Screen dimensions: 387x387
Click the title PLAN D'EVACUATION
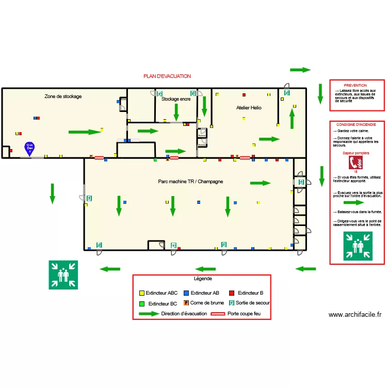click(x=167, y=76)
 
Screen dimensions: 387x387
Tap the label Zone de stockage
click(x=63, y=96)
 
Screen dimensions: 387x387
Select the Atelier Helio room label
click(x=249, y=108)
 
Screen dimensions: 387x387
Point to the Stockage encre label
click(x=176, y=99)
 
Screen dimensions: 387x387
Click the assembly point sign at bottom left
click(x=63, y=275)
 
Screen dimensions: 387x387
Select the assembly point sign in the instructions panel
click(x=358, y=246)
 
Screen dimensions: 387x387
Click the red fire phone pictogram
click(x=356, y=163)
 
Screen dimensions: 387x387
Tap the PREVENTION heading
click(x=355, y=86)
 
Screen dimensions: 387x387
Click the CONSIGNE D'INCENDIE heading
click(x=356, y=125)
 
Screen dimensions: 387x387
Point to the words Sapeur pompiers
click(x=356, y=153)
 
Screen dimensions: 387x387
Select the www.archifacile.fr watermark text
click(x=355, y=315)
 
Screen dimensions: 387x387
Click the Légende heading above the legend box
click(x=203, y=279)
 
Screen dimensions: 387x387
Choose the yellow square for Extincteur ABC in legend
click(x=142, y=293)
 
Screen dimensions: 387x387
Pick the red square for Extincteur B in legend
click(x=232, y=293)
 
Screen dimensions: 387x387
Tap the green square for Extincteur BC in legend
click(x=142, y=303)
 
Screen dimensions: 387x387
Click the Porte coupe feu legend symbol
click(x=218, y=314)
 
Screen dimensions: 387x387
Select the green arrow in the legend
click(x=149, y=314)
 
